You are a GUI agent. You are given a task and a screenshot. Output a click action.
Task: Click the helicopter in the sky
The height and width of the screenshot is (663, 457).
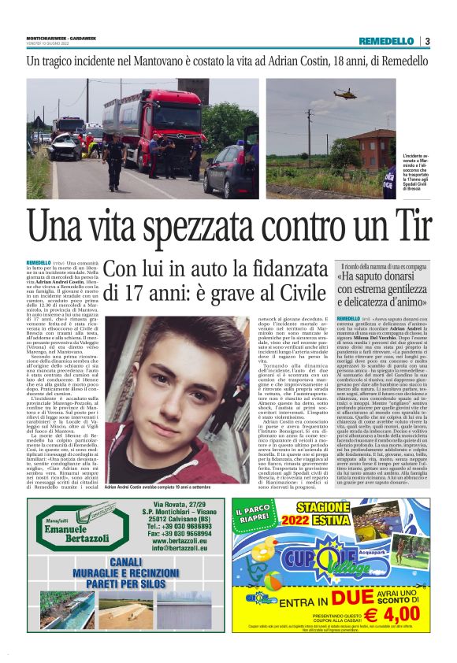(x=344, y=92)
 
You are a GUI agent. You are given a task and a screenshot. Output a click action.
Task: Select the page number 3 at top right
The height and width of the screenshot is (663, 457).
(x=448, y=41)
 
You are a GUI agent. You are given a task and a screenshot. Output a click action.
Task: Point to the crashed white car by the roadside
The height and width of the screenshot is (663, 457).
(x=63, y=146)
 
